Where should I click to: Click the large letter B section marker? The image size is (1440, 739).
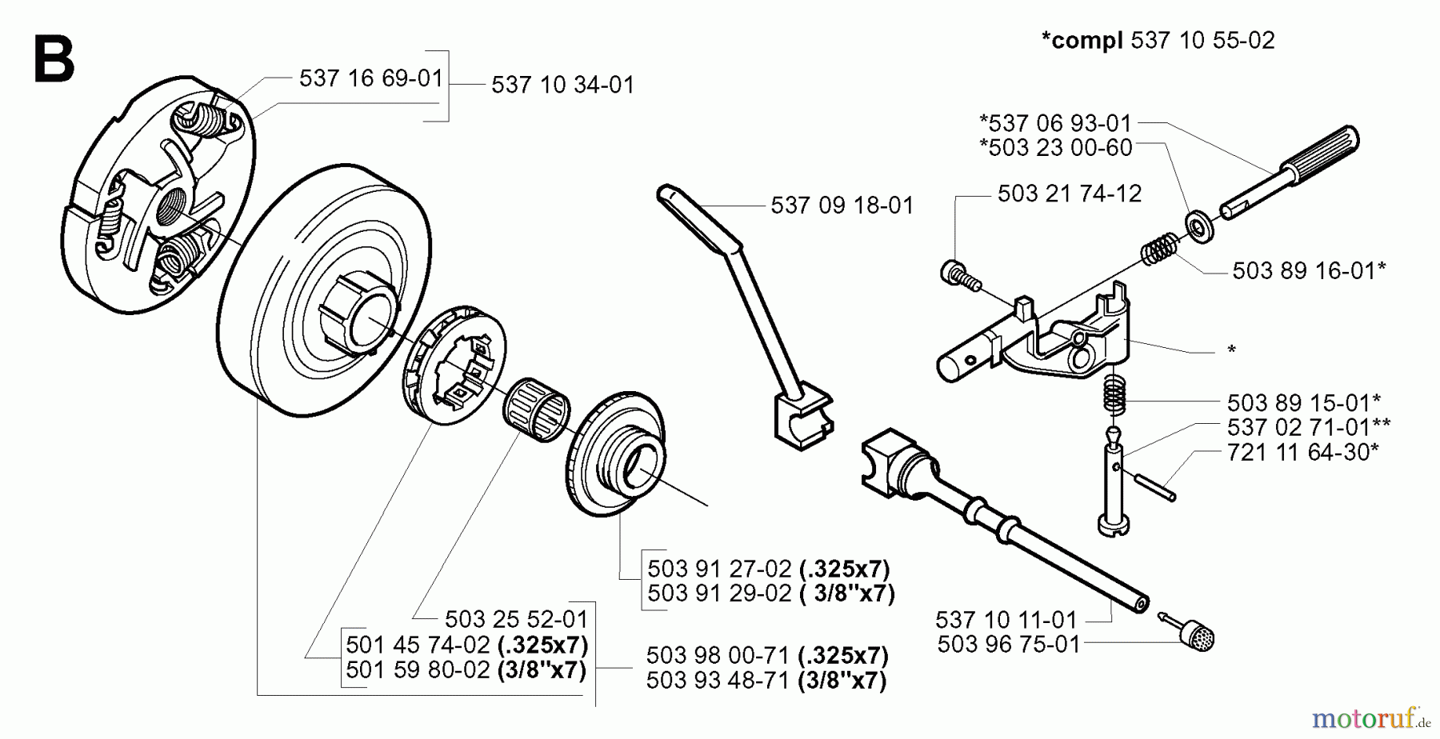click(x=54, y=58)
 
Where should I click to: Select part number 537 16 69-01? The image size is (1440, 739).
click(x=370, y=78)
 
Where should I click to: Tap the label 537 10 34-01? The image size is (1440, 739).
click(x=562, y=85)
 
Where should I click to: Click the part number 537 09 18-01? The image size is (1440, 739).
click(x=842, y=206)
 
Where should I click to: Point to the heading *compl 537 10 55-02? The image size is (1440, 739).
click(x=1158, y=40)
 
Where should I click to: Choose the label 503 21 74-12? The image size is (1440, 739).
click(x=1069, y=194)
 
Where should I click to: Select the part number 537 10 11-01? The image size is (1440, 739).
click(x=1006, y=620)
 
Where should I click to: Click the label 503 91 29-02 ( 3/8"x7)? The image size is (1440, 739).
click(x=770, y=593)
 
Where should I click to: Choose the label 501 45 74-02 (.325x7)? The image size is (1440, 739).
click(x=466, y=645)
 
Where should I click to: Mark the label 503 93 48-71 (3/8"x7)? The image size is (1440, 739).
click(x=766, y=680)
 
